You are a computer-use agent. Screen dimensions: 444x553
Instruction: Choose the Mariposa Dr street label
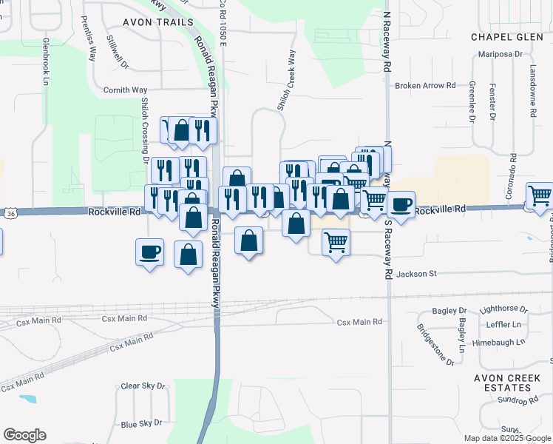[x=501, y=54]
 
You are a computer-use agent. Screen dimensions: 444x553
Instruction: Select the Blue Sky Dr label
[x=140, y=423]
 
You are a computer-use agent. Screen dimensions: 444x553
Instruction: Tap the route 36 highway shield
[x=10, y=214]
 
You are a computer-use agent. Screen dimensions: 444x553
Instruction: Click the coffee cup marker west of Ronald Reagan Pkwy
[x=149, y=252]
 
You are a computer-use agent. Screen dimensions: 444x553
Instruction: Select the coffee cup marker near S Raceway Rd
[x=401, y=205]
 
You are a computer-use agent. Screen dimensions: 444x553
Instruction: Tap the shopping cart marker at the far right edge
[x=540, y=196]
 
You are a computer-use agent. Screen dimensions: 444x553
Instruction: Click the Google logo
[x=24, y=435]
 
